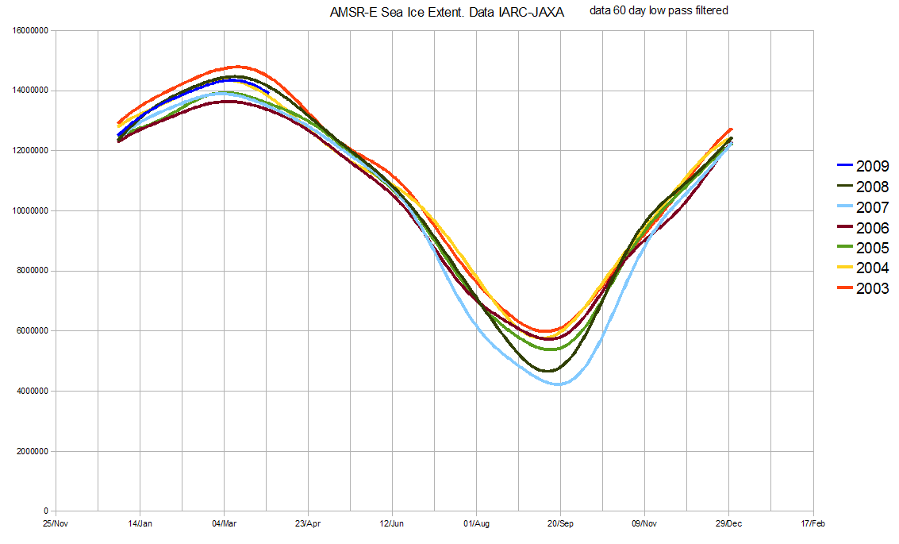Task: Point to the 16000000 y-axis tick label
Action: (29, 30)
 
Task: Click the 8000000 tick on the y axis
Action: (31, 271)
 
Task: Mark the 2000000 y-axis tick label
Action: (31, 451)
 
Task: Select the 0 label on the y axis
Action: (47, 511)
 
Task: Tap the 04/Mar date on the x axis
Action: (224, 523)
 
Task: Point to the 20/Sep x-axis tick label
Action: (560, 523)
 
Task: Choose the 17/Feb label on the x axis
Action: (813, 523)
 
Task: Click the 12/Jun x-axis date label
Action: (392, 523)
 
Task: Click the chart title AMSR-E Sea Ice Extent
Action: (447, 14)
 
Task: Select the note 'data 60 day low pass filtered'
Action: (659, 10)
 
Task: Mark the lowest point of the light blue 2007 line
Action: (559, 384)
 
